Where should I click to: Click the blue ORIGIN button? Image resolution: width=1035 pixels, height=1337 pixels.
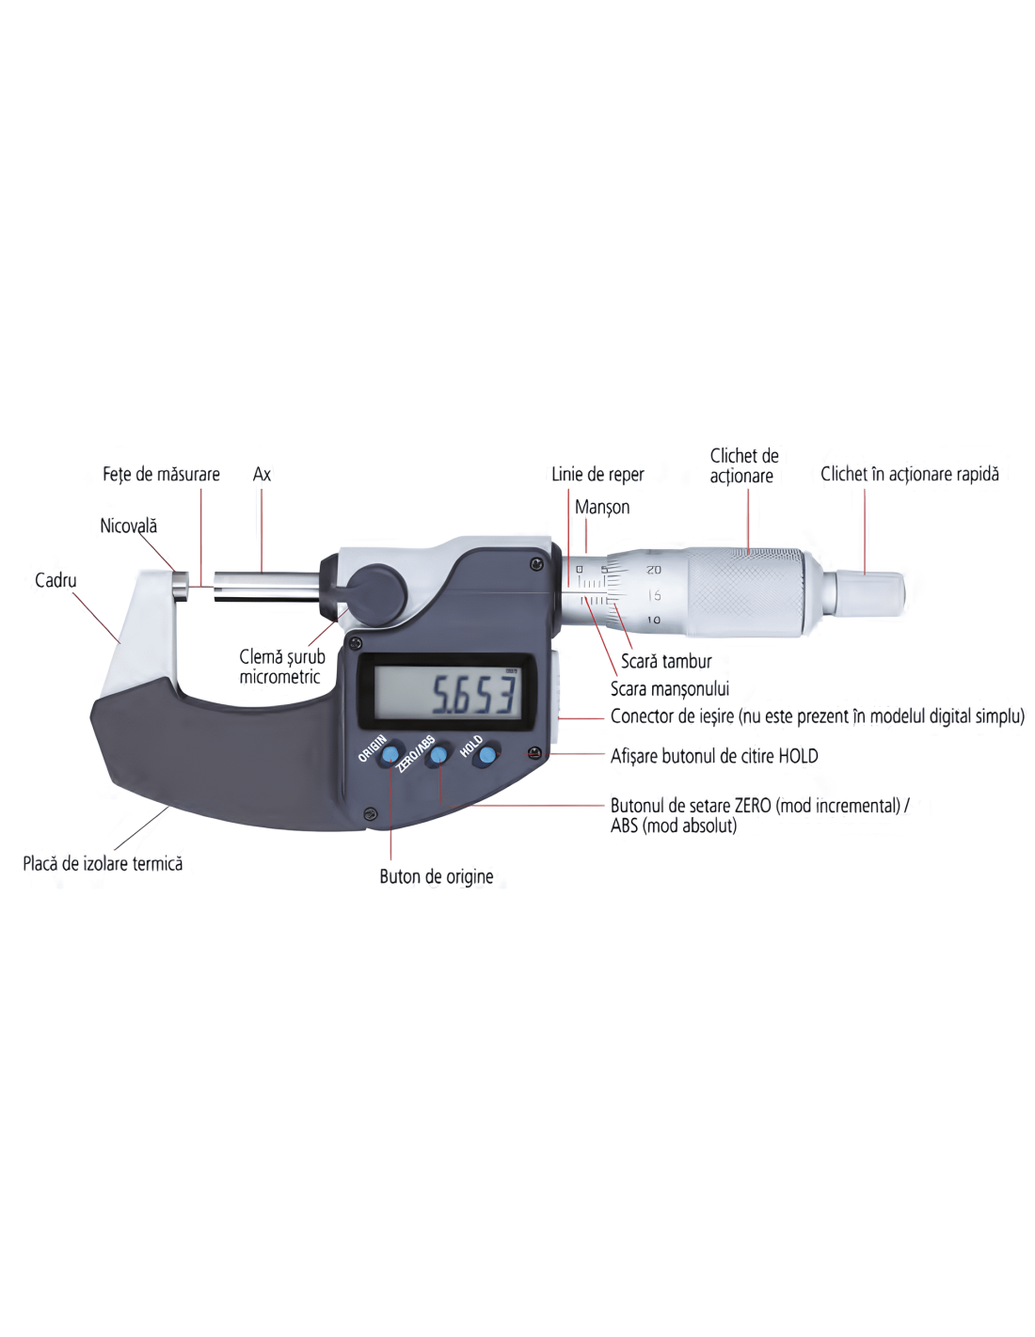(390, 756)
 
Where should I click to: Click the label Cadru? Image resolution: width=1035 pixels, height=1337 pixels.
(56, 580)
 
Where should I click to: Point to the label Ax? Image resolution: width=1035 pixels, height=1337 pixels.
(262, 474)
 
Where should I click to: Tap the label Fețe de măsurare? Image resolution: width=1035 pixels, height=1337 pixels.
(161, 475)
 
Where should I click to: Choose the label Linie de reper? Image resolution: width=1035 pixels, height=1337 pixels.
(597, 475)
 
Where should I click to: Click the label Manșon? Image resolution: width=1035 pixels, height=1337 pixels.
(602, 508)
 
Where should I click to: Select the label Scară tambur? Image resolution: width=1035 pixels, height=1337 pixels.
(666, 661)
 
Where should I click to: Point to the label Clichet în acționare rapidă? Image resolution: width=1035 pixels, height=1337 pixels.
(910, 475)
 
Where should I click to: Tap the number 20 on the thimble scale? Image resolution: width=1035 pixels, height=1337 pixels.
(654, 571)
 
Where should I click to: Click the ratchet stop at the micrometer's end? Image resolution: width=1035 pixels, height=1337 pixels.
(869, 594)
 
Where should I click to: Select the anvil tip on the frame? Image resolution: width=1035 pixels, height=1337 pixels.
(181, 587)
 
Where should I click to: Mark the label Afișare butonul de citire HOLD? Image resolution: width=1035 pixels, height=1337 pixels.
(714, 756)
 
